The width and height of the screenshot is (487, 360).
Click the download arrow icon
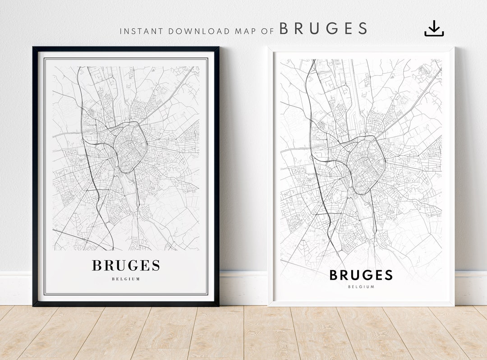[434, 28]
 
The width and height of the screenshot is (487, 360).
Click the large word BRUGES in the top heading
[323, 28]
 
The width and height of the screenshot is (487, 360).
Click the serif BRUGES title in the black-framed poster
[126, 266]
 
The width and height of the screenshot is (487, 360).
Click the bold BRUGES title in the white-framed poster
[361, 275]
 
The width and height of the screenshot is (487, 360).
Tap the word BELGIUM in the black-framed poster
[126, 279]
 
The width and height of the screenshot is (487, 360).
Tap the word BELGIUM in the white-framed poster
[361, 287]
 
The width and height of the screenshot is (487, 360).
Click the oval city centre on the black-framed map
[130, 147]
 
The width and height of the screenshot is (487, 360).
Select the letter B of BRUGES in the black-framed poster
[96, 266]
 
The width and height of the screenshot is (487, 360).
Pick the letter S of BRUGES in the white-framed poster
[388, 275]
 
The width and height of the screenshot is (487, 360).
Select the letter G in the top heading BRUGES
[323, 28]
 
